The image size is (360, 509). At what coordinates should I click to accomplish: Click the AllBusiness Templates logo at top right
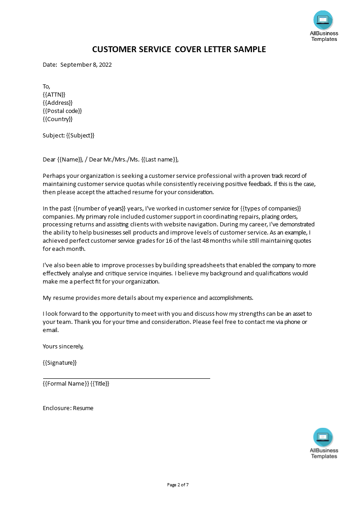pyautogui.click(x=323, y=26)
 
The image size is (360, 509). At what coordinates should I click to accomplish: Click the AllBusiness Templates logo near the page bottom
pyautogui.click(x=324, y=443)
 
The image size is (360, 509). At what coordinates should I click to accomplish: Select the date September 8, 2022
pyautogui.click(x=86, y=64)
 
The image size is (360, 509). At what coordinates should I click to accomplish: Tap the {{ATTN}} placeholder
pyautogui.click(x=54, y=94)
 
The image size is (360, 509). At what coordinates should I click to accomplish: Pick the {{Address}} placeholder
pyautogui.click(x=58, y=103)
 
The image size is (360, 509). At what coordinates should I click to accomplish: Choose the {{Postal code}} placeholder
pyautogui.click(x=62, y=111)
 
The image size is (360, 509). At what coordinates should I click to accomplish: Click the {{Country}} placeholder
pyautogui.click(x=58, y=119)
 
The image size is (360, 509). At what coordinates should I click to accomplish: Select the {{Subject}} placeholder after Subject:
pyautogui.click(x=80, y=135)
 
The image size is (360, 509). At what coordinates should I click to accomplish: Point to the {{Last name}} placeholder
pyautogui.click(x=160, y=159)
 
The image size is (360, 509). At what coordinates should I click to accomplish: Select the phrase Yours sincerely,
pyautogui.click(x=63, y=346)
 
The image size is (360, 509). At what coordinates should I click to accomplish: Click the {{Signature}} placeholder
pyautogui.click(x=59, y=362)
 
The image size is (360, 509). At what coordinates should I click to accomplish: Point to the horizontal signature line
pyautogui.click(x=126, y=378)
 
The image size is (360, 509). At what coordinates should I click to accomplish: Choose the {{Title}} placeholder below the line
pyautogui.click(x=100, y=383)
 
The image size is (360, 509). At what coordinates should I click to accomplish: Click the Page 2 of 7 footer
pyautogui.click(x=178, y=485)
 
